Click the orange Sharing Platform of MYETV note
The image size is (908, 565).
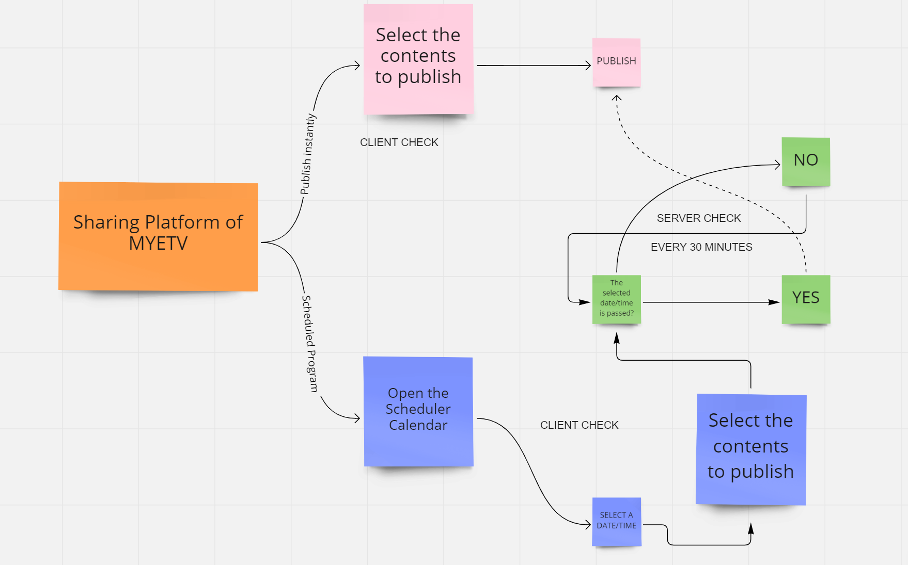[x=158, y=236]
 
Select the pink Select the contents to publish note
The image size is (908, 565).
[x=418, y=59]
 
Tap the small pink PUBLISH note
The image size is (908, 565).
[x=617, y=62]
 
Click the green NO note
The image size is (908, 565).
[x=806, y=162]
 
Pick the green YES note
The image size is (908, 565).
[x=806, y=299]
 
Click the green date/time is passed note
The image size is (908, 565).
[x=617, y=299]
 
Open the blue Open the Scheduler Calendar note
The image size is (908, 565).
[x=418, y=412]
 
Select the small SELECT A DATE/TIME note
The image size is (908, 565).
[x=617, y=522]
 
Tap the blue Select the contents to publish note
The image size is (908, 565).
[x=751, y=449]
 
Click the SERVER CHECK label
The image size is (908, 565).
[x=699, y=218]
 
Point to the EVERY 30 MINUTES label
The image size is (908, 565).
[x=701, y=247]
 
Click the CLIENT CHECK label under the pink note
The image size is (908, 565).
[x=399, y=142]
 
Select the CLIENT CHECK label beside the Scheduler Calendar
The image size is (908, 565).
[x=580, y=425]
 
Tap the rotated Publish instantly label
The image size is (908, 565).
[x=308, y=154]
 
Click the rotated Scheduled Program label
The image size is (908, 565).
[x=309, y=344]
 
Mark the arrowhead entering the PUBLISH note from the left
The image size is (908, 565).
[x=588, y=66]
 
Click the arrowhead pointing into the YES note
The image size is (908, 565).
[x=774, y=302]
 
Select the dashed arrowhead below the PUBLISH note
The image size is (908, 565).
[x=617, y=98]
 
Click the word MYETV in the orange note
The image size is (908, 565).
[x=158, y=244]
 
